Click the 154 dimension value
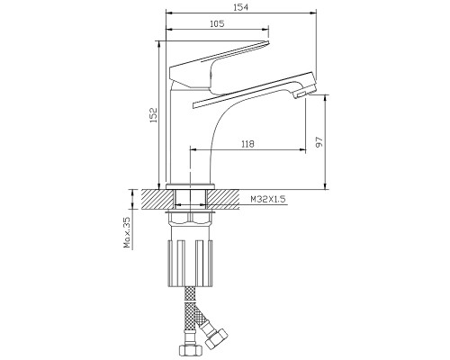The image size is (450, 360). pyautogui.click(x=241, y=7)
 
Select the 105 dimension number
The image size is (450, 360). pyautogui.click(x=217, y=23)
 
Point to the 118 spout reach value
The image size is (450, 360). pyautogui.click(x=247, y=144)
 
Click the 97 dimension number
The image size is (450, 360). pyautogui.click(x=319, y=141)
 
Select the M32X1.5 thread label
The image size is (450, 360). pyautogui.click(x=268, y=199)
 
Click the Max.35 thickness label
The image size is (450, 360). pyautogui.click(x=127, y=233)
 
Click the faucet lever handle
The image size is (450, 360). pyautogui.click(x=220, y=67)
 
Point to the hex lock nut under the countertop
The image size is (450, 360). pyautogui.click(x=190, y=219)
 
